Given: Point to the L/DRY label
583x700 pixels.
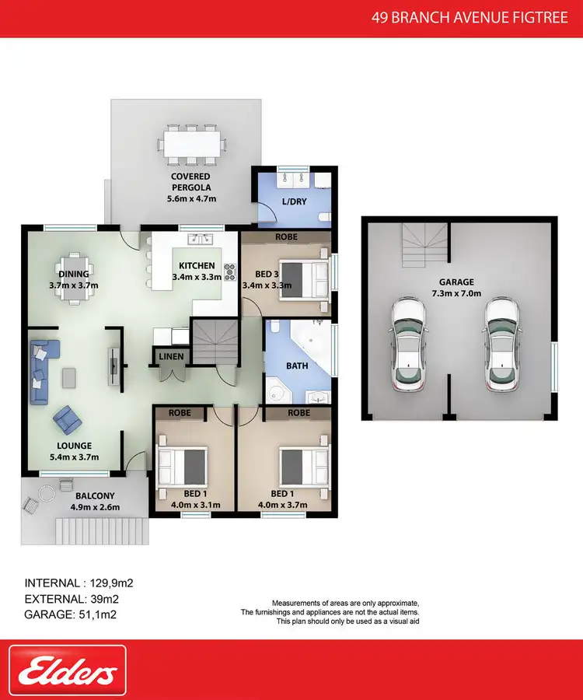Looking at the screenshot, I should pyautogui.click(x=293, y=201).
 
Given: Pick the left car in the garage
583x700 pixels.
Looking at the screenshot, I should pyautogui.click(x=409, y=343).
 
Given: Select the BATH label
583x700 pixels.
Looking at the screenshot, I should pyautogui.click(x=297, y=366).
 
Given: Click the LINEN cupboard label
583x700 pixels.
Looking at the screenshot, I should pyautogui.click(x=171, y=356).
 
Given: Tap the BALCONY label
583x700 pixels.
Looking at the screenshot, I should pyautogui.click(x=95, y=495).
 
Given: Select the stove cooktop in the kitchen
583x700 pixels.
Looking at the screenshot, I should pyautogui.click(x=230, y=271).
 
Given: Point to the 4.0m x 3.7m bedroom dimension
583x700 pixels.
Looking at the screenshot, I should pyautogui.click(x=282, y=505).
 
